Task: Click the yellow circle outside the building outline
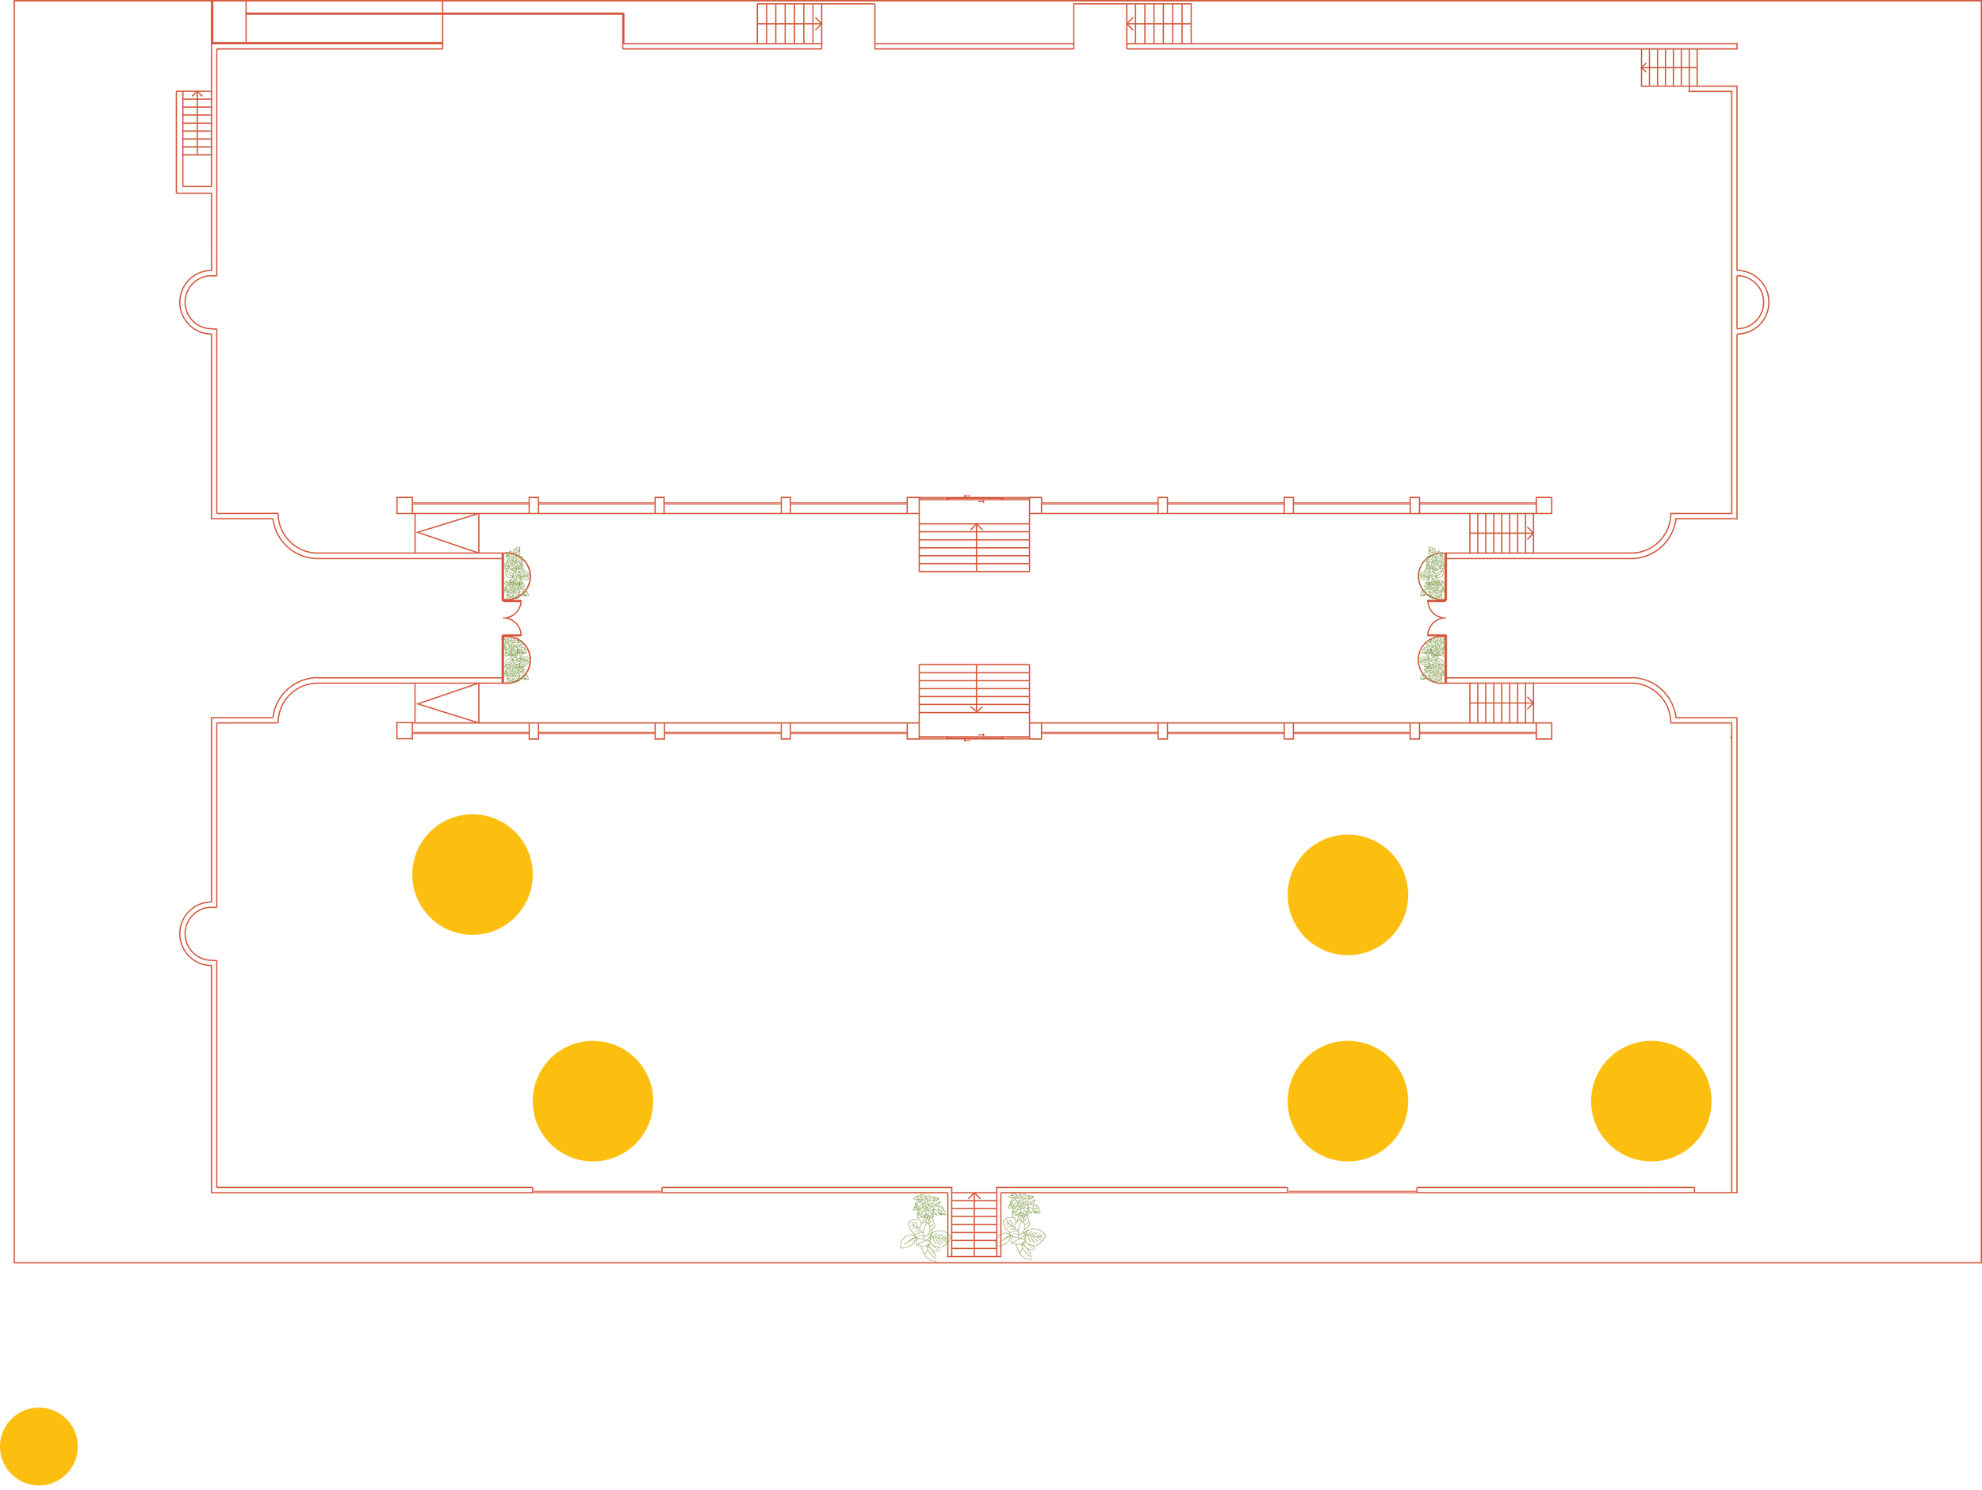tap(40, 1446)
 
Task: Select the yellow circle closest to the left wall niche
tap(473, 875)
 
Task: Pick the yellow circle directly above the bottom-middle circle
tap(1347, 894)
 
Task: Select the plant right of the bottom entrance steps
tap(1023, 1226)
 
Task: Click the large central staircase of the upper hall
tap(974, 536)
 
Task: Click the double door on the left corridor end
tap(511, 617)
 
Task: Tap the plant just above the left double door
tap(515, 573)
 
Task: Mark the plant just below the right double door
tap(1432, 660)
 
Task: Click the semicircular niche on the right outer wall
tap(1753, 302)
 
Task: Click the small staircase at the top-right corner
tap(1668, 67)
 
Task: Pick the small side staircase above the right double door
tap(1501, 532)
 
